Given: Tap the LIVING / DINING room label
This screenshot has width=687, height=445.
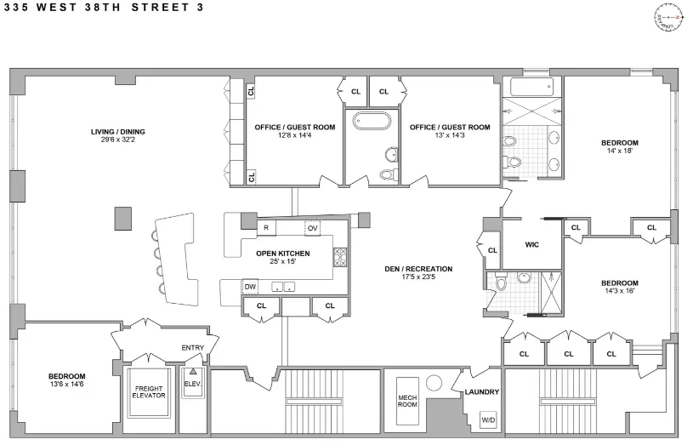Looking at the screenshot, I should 118,132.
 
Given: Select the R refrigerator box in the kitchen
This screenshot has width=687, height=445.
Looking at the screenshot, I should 266,228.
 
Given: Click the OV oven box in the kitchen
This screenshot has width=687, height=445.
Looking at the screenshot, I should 312,228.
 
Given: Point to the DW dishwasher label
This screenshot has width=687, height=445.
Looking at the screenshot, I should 250,287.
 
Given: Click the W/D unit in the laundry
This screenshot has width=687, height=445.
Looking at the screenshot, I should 488,420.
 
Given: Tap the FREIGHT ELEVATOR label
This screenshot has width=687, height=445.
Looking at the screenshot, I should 148,393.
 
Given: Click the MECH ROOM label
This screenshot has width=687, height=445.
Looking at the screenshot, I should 407,402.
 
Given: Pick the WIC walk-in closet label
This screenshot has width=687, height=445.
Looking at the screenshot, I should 531,244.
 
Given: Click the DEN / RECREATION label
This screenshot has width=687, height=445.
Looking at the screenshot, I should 417,269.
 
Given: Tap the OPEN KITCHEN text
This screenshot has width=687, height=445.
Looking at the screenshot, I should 283,254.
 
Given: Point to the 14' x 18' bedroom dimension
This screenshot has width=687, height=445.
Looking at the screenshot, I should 619,151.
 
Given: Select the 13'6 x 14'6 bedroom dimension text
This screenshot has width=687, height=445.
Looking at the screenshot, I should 66,385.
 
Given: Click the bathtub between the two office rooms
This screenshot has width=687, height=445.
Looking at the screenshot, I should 371,120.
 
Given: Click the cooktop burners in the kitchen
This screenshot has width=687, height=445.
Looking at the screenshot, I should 340,256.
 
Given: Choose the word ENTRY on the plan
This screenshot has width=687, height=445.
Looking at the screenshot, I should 193,347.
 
